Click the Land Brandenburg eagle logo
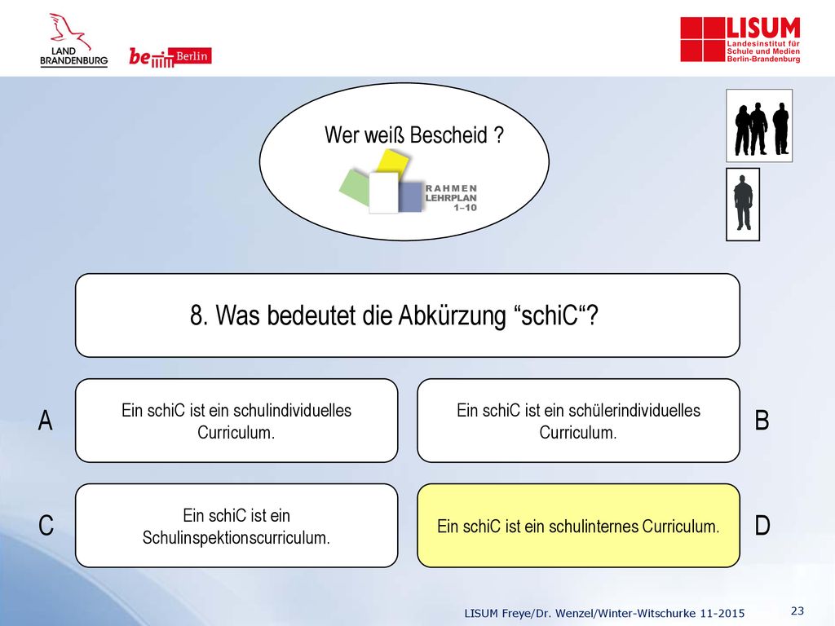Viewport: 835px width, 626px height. point(73,40)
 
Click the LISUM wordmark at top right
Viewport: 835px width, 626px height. point(763,29)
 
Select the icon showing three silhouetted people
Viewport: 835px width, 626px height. point(759,126)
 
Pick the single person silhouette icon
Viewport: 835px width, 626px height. point(743,205)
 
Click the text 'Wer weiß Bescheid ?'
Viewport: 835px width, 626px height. point(413,135)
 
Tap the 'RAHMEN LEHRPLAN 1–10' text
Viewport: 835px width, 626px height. point(451,197)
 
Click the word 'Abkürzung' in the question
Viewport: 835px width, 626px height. point(452,315)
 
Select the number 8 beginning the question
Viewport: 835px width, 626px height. point(197,315)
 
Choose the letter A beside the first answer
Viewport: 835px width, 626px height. point(46,420)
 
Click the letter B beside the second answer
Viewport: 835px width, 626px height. point(762,420)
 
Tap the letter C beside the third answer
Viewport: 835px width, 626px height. point(46,526)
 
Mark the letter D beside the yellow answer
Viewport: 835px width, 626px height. point(762,526)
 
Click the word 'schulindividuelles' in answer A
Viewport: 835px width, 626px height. point(293,411)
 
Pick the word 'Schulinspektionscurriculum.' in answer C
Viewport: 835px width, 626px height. point(236,538)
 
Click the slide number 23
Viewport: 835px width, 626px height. point(797,611)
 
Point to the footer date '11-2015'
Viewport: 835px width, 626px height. point(722,613)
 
